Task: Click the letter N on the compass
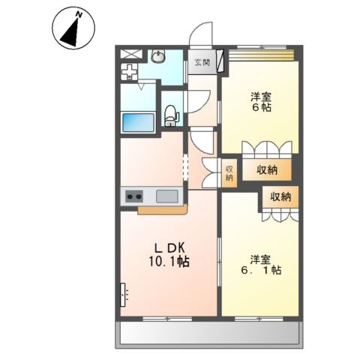[79, 15]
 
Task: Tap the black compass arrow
[71, 34]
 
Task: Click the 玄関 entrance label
[202, 62]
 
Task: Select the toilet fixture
[171, 115]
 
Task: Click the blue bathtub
[138, 122]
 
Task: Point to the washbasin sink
[158, 55]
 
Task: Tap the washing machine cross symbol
[129, 72]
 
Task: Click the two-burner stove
[134, 196]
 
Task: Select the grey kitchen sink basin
[167, 196]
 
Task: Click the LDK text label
[169, 248]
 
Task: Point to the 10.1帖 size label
[169, 262]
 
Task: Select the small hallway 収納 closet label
[229, 173]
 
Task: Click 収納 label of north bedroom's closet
[267, 170]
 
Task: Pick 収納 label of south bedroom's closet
[280, 197]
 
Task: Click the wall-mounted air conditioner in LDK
[122, 295]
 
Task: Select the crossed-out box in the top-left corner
[131, 54]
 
